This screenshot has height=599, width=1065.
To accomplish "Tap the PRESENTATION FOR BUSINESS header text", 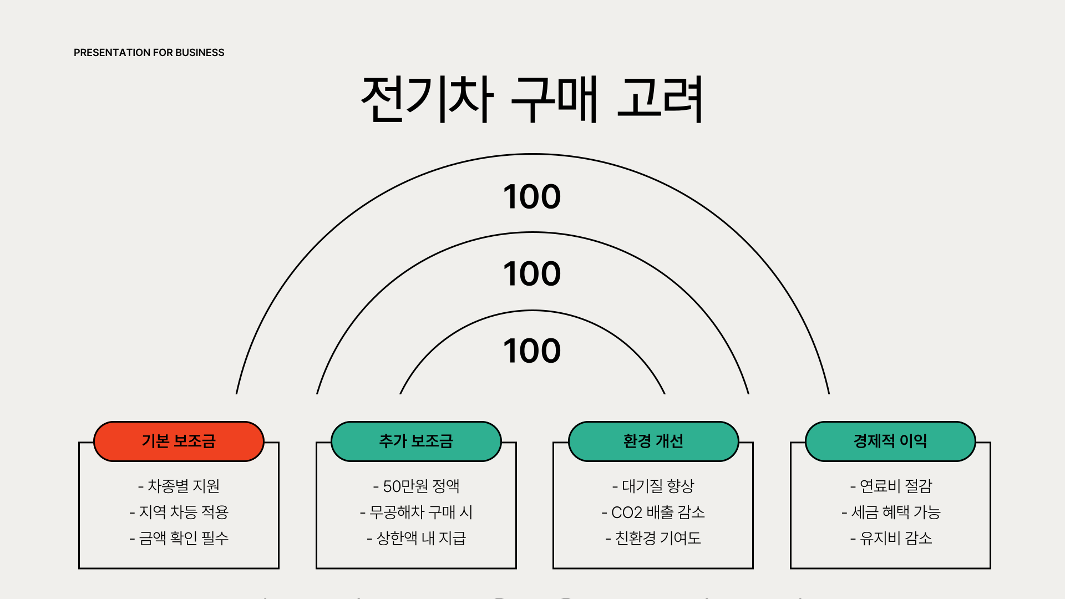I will click(149, 53).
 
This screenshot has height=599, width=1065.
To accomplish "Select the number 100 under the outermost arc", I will click(532, 196).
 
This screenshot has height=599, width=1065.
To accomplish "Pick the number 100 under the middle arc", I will click(532, 273).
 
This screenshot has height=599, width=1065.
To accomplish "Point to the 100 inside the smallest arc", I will click(532, 351).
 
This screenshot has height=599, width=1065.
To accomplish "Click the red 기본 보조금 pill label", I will click(179, 441).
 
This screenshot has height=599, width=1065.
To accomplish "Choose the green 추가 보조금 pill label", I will click(416, 441).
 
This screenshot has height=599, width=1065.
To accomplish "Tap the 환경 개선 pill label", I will click(653, 441).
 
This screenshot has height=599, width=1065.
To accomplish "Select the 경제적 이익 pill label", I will click(890, 441).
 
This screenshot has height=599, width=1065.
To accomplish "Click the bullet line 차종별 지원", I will click(179, 486).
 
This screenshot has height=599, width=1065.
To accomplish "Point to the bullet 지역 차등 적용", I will click(179, 512).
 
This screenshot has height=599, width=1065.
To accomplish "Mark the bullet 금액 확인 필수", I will click(179, 538).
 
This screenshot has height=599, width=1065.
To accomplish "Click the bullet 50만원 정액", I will click(416, 486).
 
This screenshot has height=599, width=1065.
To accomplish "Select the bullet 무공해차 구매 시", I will click(416, 512).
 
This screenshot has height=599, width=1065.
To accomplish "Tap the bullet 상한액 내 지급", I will click(416, 538).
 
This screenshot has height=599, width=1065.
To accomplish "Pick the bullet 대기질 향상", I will click(653, 486).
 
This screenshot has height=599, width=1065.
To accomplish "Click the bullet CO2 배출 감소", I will click(653, 512).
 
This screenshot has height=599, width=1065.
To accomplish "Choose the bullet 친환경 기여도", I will click(653, 538).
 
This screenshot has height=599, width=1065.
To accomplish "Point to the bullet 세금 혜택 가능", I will click(890, 512).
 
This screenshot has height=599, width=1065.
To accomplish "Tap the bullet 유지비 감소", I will click(890, 538).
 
